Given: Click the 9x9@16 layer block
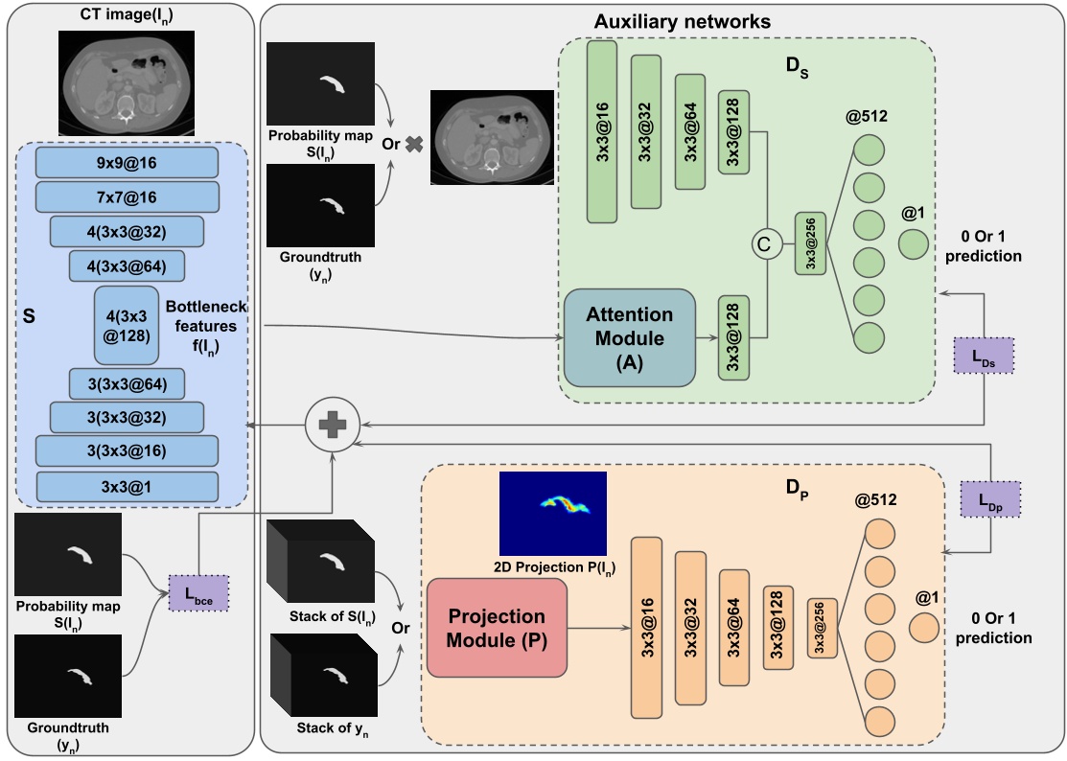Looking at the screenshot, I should tap(127, 164).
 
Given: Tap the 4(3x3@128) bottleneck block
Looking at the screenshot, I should tap(127, 325).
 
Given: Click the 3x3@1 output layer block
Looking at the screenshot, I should tap(127, 486).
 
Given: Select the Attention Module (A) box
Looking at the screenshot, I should tap(630, 337).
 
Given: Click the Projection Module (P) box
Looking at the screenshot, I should tap(496, 628).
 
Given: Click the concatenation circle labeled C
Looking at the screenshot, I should tap(763, 245).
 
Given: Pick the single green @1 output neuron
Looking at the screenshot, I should tap(912, 244).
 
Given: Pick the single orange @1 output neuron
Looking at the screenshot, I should tap(923, 628).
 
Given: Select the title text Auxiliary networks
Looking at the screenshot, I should tap(682, 20).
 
